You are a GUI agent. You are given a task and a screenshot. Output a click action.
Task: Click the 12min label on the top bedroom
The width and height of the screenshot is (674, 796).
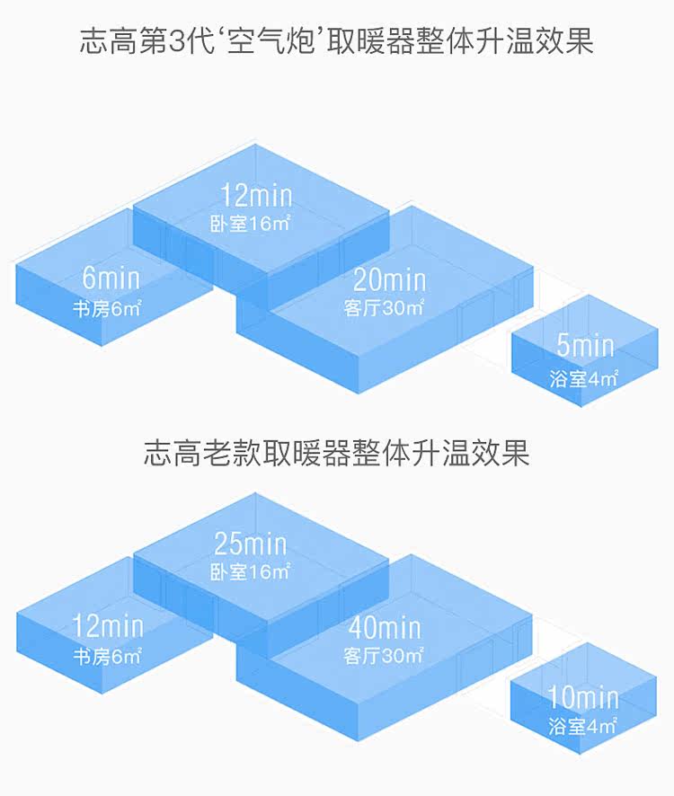point(256,194)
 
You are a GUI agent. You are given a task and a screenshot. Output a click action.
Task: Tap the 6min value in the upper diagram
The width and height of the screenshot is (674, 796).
point(111,278)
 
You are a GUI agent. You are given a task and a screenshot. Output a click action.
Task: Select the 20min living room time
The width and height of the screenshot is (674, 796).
point(388,279)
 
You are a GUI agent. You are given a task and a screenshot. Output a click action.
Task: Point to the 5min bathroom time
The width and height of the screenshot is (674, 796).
point(585,345)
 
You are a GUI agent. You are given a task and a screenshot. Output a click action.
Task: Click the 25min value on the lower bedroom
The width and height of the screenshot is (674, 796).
point(251,543)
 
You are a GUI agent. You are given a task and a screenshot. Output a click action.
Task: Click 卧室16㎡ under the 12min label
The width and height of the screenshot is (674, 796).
point(250,224)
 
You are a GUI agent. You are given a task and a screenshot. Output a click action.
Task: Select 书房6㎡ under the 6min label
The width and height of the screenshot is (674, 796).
point(108,309)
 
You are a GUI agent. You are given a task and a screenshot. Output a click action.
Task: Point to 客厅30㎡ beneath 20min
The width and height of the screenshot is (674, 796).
point(384,308)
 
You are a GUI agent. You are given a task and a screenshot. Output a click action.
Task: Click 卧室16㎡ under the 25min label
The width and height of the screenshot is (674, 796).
point(250,571)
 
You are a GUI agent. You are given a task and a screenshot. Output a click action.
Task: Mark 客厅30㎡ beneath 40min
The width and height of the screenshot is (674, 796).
point(384,656)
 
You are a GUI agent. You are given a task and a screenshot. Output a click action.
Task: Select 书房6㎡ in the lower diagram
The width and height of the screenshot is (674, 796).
point(108,656)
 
